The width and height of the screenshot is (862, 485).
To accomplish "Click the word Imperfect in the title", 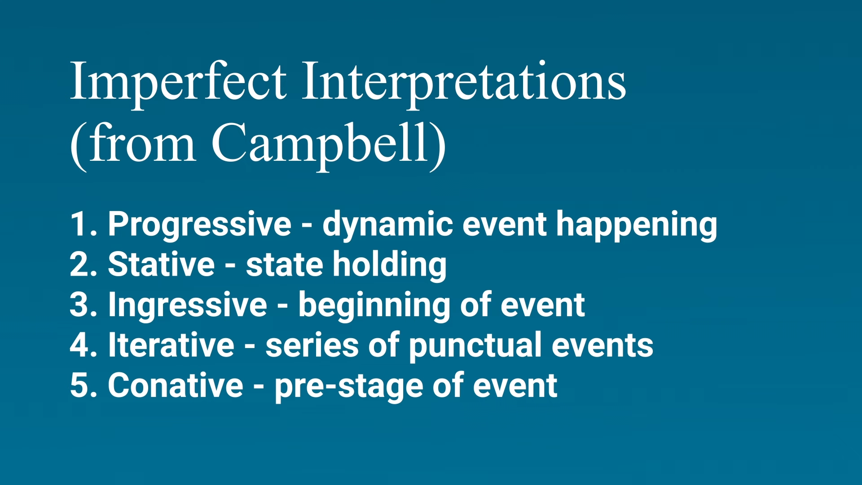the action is click(178, 83).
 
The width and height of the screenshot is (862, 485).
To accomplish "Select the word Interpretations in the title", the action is click(464, 83).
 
